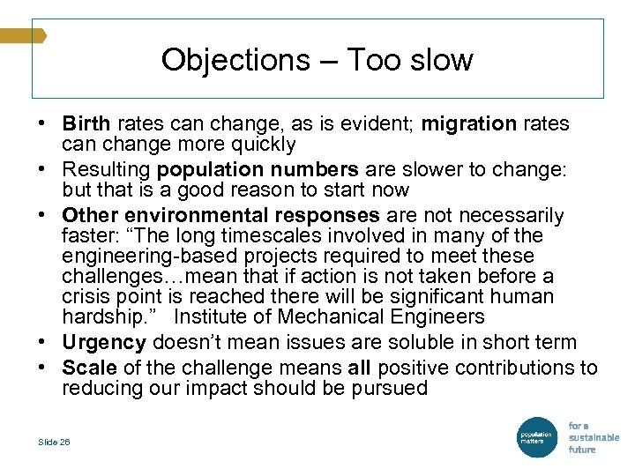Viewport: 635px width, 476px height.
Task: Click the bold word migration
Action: tap(468, 124)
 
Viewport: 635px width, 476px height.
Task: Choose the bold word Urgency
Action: tap(104, 342)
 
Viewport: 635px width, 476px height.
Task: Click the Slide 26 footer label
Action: tap(55, 442)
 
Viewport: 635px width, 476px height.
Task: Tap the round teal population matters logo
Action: tap(535, 436)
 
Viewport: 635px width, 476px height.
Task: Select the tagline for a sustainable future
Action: tap(593, 437)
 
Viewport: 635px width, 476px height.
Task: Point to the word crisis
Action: tap(86, 297)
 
